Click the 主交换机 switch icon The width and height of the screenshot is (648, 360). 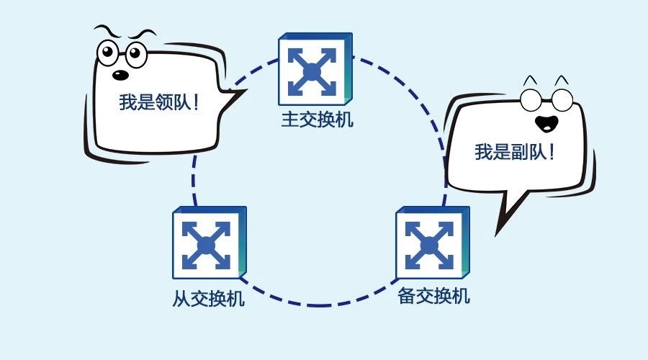[x=315, y=69]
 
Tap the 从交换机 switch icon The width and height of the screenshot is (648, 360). [x=210, y=243]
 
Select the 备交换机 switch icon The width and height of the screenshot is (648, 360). [x=433, y=243]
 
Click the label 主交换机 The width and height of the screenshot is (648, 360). [x=318, y=119]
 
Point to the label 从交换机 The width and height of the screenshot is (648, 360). [x=208, y=297]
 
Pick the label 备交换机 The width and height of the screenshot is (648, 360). [x=433, y=296]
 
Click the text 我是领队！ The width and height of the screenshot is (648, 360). [x=159, y=102]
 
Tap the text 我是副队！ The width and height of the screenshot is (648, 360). [x=515, y=152]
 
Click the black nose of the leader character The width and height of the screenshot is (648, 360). [x=121, y=75]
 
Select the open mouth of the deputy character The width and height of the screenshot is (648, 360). [x=546, y=123]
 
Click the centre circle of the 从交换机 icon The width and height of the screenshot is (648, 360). [x=206, y=246]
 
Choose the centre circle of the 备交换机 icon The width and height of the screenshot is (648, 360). [x=429, y=246]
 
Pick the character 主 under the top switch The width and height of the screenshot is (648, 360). [x=290, y=119]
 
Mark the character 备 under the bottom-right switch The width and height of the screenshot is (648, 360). [x=406, y=296]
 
